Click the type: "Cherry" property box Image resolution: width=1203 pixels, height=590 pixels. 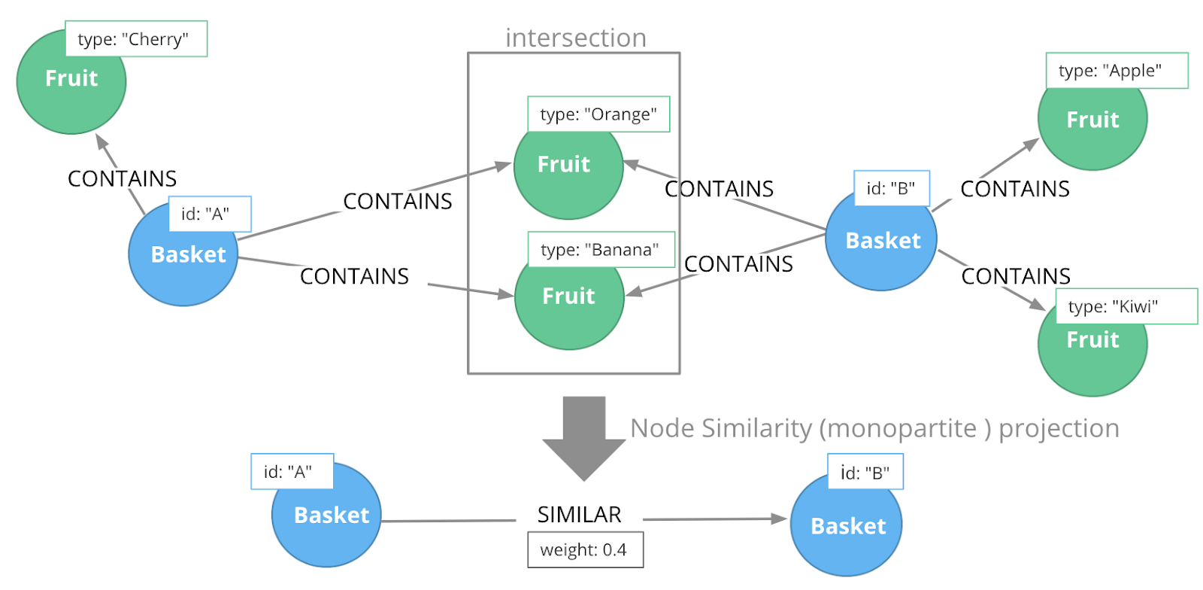(x=136, y=39)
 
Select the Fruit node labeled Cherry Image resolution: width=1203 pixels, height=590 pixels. (x=71, y=87)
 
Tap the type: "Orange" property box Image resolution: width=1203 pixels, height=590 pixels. (x=598, y=114)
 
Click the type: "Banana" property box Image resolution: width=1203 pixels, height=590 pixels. (x=601, y=249)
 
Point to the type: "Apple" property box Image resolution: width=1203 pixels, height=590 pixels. (x=1117, y=71)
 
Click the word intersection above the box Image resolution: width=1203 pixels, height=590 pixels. (x=575, y=38)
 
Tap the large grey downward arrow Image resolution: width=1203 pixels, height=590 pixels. (x=584, y=436)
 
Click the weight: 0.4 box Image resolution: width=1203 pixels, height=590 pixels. (x=585, y=550)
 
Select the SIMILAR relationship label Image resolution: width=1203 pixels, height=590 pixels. (x=579, y=515)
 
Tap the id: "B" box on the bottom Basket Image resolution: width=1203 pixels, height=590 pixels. (x=865, y=472)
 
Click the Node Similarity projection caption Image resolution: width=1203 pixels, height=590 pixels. (x=874, y=428)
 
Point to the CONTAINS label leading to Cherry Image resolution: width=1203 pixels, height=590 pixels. (x=122, y=178)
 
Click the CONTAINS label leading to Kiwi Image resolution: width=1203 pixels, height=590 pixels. (x=1015, y=276)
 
